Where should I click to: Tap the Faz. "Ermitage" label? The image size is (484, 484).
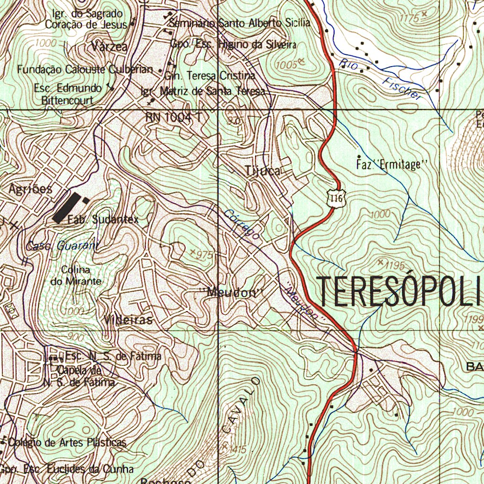coord(390,165)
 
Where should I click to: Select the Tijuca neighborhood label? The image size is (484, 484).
coord(263,171)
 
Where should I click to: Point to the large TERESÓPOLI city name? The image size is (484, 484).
coord(400,291)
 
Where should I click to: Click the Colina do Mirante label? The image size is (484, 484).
coord(76,276)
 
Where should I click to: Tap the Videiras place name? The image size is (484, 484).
coord(129,320)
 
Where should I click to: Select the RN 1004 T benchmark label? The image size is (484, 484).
coord(174,118)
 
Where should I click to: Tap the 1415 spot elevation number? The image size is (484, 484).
coord(236,449)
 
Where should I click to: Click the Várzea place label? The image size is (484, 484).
coord(110,47)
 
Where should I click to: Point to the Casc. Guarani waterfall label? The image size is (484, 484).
coord(63,246)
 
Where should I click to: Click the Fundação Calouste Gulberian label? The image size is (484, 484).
coord(86,69)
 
